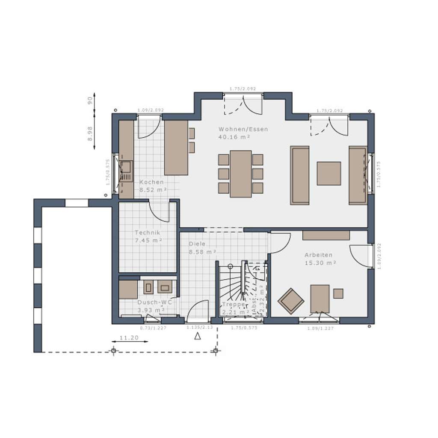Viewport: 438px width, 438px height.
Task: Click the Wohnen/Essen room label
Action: (x=243, y=129)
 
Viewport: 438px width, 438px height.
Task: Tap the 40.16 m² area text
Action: (x=234, y=137)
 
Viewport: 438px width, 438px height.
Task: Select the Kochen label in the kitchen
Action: (x=151, y=182)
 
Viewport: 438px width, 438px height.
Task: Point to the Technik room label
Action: (x=147, y=233)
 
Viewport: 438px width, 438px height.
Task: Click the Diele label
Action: (x=197, y=244)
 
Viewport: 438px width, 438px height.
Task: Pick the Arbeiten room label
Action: (x=318, y=255)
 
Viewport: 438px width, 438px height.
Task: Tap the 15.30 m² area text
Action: (x=320, y=263)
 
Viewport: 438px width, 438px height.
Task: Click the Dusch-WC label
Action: (x=154, y=302)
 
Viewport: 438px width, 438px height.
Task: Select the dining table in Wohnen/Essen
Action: (x=240, y=174)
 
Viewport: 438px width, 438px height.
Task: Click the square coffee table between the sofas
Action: (x=328, y=173)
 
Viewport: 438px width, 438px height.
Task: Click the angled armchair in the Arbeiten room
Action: (x=291, y=301)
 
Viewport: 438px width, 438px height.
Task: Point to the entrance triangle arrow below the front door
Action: (x=198, y=336)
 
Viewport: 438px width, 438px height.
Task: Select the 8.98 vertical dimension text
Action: (x=90, y=133)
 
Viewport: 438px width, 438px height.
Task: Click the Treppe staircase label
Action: (x=234, y=304)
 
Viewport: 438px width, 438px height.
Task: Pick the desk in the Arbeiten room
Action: (x=320, y=299)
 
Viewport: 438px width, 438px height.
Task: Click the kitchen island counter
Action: (x=176, y=148)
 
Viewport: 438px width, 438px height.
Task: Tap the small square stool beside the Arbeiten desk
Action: (x=338, y=293)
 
